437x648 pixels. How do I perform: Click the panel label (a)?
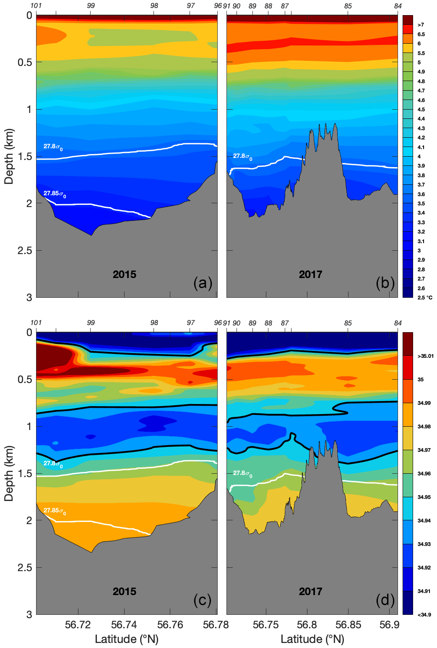pyautogui.click(x=203, y=283)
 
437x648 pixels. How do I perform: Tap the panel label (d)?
pyautogui.click(x=385, y=601)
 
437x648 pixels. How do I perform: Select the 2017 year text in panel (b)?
pyautogui.click(x=310, y=275)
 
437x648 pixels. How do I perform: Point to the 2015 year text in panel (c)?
pyautogui.click(x=125, y=592)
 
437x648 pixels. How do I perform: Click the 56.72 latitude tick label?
pyautogui.click(x=78, y=625)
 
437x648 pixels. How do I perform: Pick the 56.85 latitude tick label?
pyautogui.click(x=348, y=625)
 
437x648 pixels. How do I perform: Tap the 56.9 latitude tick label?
pyautogui.click(x=389, y=625)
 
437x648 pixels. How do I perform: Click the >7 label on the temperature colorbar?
pyautogui.click(x=421, y=25)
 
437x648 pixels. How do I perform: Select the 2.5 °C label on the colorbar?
pyautogui.click(x=424, y=298)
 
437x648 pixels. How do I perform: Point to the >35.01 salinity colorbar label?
pyautogui.click(x=425, y=356)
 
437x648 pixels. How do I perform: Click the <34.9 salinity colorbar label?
pyautogui.click(x=424, y=615)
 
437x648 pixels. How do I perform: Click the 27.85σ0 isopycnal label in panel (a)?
pyautogui.click(x=55, y=194)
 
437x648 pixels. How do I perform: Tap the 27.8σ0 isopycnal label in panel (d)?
pyautogui.click(x=242, y=474)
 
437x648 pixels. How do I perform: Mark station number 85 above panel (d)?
pyautogui.click(x=348, y=323)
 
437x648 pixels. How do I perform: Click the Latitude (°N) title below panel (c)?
pyautogui.click(x=127, y=639)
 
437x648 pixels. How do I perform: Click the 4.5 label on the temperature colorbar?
pyautogui.click(x=421, y=110)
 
